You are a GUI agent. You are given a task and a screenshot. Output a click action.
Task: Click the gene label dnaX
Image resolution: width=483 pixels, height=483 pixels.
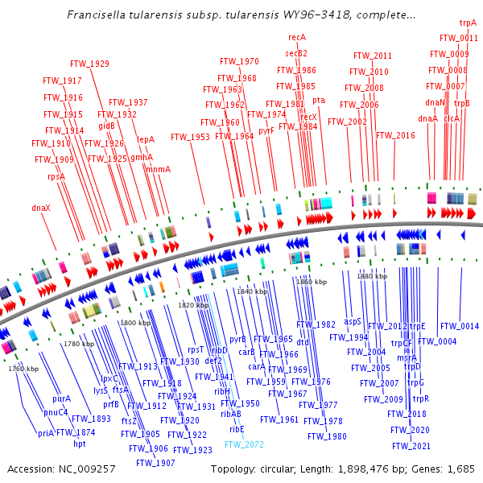tap(41, 208)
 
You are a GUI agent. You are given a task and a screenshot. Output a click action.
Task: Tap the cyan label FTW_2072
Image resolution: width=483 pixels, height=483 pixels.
tap(244, 444)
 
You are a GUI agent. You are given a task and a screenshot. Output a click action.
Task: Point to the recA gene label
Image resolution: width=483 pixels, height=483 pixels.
tap(297, 37)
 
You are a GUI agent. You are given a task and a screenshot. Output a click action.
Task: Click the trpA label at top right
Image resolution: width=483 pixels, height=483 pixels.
tap(468, 24)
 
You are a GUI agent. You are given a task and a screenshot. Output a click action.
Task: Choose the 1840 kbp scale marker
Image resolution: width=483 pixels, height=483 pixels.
tap(251, 291)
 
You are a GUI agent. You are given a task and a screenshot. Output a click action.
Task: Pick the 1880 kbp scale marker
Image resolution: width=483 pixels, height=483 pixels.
tap(371, 276)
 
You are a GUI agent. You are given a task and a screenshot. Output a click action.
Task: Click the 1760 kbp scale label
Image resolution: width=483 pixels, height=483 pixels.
tap(23, 369)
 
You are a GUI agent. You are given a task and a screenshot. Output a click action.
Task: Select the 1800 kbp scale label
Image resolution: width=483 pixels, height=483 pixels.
tap(134, 323)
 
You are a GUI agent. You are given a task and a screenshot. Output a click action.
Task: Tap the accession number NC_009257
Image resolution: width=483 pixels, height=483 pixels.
tap(85, 469)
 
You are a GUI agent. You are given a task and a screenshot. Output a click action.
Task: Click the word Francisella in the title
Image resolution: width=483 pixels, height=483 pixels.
tap(96, 15)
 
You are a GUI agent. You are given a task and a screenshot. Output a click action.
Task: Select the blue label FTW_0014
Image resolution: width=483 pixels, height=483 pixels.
tap(460, 327)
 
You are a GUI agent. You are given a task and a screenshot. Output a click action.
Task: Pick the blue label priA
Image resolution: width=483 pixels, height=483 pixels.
tap(46, 433)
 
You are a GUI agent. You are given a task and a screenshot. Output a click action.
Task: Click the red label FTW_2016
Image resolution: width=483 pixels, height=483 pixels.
tap(395, 135)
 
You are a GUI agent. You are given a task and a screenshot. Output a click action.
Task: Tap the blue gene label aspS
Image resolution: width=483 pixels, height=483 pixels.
tap(353, 321)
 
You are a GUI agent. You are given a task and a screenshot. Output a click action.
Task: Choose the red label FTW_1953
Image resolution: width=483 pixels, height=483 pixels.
tap(190, 137)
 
